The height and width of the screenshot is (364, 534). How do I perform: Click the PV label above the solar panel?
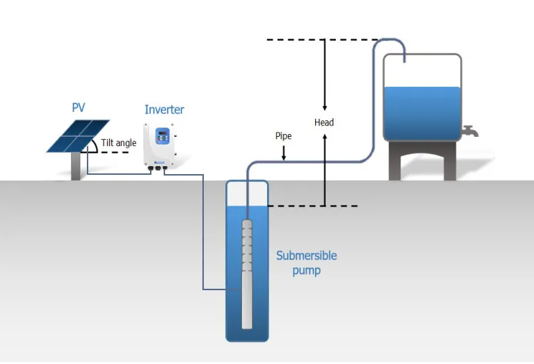tap(78, 108)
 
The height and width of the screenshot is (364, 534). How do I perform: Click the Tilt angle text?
tap(118, 143)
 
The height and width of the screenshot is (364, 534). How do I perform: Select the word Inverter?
tap(164, 110)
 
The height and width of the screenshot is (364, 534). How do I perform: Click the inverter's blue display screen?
tap(163, 135)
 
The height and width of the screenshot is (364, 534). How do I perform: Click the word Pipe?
tap(284, 135)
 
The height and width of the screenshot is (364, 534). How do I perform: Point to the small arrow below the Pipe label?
tap(284, 153)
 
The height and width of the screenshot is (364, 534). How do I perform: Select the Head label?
tap(324, 123)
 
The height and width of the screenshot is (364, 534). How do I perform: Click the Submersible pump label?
tap(306, 263)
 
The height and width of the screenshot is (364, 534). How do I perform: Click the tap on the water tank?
tap(470, 131)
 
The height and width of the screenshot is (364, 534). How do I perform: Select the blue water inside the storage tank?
tap(422, 113)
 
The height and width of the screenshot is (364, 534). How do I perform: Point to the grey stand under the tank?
tap(422, 162)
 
